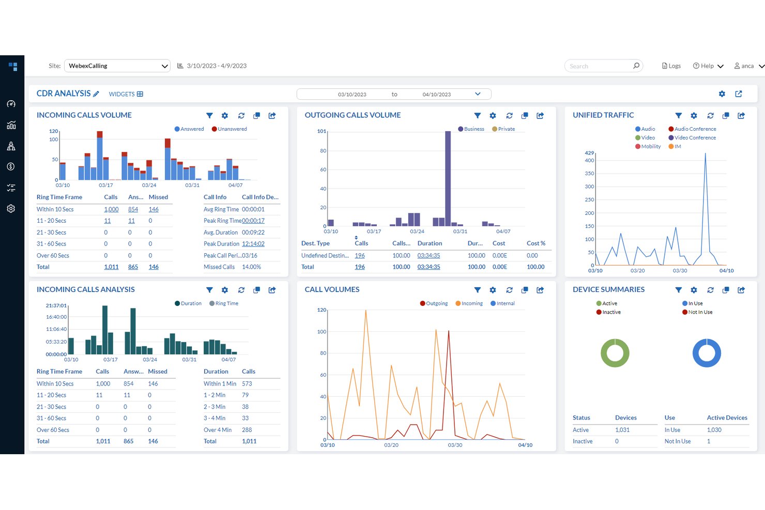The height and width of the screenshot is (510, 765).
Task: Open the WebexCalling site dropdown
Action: [117, 66]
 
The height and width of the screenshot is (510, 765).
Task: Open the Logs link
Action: [671, 66]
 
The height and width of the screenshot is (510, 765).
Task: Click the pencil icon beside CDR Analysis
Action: [96, 94]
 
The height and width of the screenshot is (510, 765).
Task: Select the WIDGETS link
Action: [126, 94]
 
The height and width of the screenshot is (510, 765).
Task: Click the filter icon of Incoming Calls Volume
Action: [209, 116]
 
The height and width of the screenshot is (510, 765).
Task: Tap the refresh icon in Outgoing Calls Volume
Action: [509, 116]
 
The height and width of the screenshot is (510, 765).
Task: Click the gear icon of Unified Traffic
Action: [694, 116]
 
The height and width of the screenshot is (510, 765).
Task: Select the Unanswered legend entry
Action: [229, 129]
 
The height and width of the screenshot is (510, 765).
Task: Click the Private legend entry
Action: [503, 129]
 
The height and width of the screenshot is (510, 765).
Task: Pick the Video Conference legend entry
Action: [692, 137]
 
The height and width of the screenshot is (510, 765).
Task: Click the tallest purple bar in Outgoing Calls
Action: [448, 179]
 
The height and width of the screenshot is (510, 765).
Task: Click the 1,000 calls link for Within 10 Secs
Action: [111, 209]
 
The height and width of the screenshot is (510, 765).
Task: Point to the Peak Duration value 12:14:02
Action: [253, 244]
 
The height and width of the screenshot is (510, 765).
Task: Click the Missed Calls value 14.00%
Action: [251, 267]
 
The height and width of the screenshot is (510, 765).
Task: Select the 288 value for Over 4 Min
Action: [247, 430]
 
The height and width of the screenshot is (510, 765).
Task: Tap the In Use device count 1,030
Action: [714, 430]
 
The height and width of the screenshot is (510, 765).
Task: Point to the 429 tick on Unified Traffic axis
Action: [589, 153]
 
